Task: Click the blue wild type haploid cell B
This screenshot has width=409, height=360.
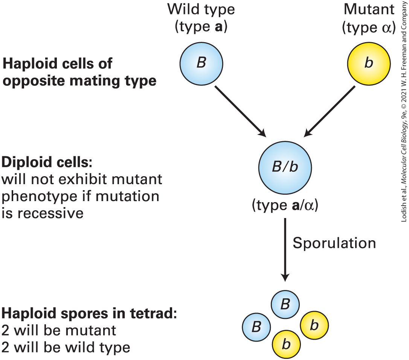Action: [x=201, y=63]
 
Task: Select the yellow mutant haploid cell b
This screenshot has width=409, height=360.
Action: [x=369, y=63]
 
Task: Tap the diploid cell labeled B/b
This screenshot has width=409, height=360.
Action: [x=285, y=168]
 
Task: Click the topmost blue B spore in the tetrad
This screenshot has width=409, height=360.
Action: [x=285, y=304]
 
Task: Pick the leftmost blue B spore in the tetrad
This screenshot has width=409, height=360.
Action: [x=256, y=326]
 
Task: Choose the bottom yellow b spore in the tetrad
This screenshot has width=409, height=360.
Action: [x=286, y=345]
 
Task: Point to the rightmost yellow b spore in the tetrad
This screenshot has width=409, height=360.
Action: [x=314, y=325]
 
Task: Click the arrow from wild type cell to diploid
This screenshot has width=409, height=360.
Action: [x=240, y=111]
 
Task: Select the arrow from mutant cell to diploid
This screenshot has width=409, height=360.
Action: [x=330, y=111]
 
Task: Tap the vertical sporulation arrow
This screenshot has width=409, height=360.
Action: [x=285, y=250]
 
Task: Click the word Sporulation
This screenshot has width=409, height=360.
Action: [x=334, y=243]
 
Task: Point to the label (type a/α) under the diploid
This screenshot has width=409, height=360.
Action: [x=285, y=205]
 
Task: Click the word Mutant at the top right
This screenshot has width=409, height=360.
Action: [x=369, y=9]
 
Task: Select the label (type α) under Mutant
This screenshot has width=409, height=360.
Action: [x=369, y=27]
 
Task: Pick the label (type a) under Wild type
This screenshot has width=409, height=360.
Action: [x=201, y=27]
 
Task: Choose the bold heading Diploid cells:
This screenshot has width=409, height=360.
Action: [x=47, y=162]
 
